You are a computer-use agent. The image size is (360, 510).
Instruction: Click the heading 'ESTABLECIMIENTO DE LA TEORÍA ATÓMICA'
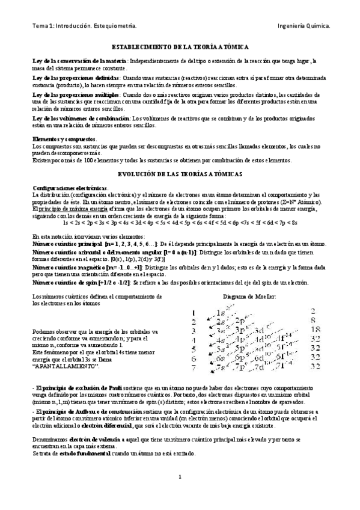tap(180, 46)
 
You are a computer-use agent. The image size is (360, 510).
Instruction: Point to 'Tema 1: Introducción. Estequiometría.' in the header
tap(84, 26)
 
